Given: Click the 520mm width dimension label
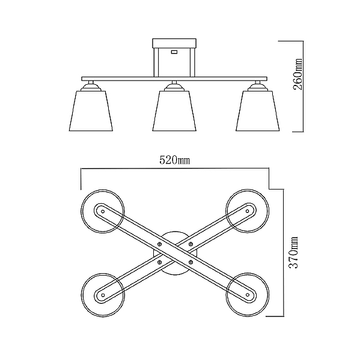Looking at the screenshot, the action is click(175, 160).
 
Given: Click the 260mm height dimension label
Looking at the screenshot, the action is click(298, 74).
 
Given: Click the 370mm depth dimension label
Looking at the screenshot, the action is click(293, 252).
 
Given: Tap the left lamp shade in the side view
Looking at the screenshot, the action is click(91, 111).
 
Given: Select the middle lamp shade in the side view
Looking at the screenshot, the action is click(174, 111).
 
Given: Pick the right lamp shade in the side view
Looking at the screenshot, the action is click(258, 111).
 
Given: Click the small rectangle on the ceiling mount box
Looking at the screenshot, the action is click(174, 52).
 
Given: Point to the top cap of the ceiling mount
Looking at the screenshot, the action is click(174, 43).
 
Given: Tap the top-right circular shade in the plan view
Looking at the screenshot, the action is click(269, 211).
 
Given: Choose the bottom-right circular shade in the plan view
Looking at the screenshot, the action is click(269, 295).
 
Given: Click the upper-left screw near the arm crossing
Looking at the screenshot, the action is click(159, 244).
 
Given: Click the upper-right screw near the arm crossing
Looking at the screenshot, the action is click(191, 244).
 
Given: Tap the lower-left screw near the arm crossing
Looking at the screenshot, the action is click(159, 262).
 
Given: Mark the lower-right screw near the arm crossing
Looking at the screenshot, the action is click(191, 262).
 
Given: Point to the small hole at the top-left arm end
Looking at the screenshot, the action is click(103, 211).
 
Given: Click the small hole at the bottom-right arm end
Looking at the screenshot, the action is click(248, 295).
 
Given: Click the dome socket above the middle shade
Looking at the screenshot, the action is click(174, 87).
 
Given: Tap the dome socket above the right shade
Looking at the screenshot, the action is click(258, 87).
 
